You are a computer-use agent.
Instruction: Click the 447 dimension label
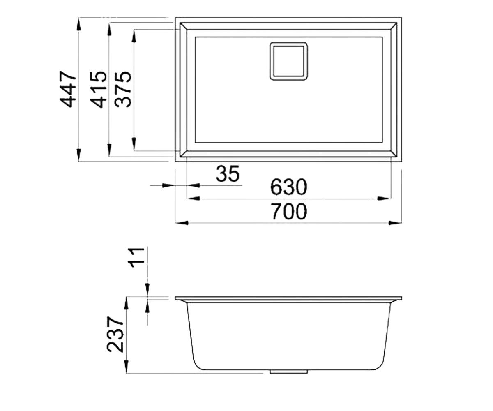point(67,89)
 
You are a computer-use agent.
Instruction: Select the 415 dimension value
point(98,89)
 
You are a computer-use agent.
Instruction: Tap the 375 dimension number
point(122,89)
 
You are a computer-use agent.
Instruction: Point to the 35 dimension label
point(228,174)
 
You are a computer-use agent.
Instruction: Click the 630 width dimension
point(288,187)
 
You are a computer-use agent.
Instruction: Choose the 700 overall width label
point(289,211)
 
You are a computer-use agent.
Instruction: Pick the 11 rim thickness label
point(136,257)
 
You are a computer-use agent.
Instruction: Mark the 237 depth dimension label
point(115,335)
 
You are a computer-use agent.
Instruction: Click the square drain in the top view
point(288,61)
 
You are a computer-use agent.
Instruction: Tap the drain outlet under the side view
point(288,372)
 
